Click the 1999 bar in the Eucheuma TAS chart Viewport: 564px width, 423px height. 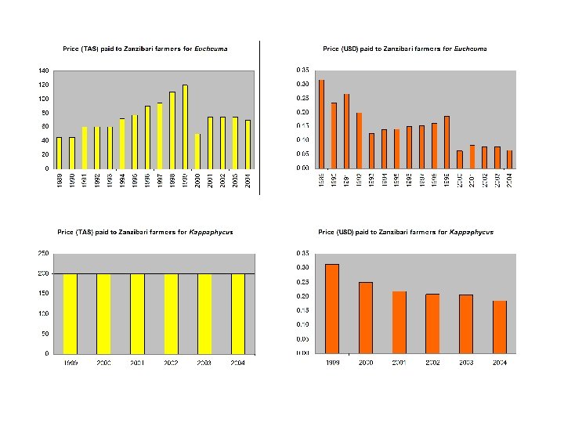(x=186, y=127)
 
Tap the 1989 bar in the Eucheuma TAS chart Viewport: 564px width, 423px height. (x=59, y=153)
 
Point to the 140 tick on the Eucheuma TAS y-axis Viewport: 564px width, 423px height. (x=44, y=70)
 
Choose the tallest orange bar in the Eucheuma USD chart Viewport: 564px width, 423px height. (x=322, y=124)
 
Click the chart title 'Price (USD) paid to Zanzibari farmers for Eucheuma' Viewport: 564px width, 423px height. (x=404, y=49)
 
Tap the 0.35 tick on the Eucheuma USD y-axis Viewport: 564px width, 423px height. (x=302, y=70)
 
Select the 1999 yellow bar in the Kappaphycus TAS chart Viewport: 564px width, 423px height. (x=70, y=313)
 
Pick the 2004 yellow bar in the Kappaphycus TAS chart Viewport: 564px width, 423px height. (x=238, y=313)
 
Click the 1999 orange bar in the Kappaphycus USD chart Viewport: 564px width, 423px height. (x=332, y=309)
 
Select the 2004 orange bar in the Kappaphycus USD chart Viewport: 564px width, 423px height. (x=500, y=327)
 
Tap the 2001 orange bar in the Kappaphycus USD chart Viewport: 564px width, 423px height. (x=399, y=322)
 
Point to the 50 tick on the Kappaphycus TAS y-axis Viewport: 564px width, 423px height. (x=45, y=334)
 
